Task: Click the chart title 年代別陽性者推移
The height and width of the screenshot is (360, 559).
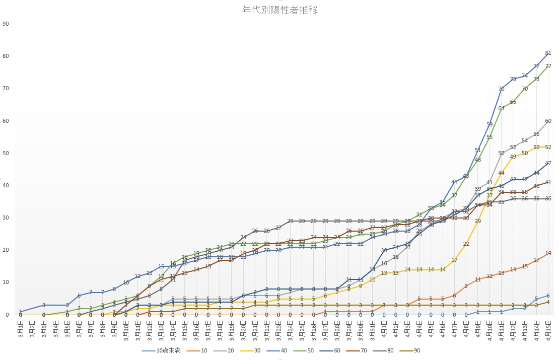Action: tap(279, 10)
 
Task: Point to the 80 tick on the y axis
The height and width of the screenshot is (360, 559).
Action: tap(6, 56)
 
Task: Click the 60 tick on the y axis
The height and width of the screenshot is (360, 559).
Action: tap(6, 121)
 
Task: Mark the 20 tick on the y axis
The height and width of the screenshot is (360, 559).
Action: tap(6, 250)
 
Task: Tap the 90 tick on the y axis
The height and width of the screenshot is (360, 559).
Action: tap(6, 24)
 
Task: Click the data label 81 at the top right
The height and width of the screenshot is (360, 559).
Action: tap(548, 53)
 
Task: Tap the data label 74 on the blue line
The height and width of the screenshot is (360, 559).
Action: tap(525, 76)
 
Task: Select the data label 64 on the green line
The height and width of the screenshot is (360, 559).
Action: tap(501, 108)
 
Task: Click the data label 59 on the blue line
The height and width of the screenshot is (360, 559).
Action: tap(490, 124)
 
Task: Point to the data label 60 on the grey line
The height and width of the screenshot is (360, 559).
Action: tap(548, 121)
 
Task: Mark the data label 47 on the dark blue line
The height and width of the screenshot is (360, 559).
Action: tap(548, 163)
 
